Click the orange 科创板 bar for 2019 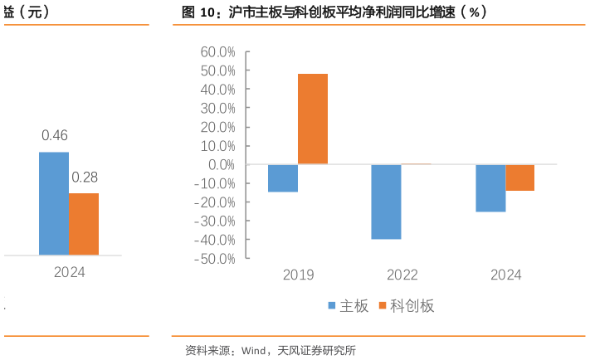tap(313, 119)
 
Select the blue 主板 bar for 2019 tap(283, 178)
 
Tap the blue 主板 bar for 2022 tap(386, 202)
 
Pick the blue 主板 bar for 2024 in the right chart tap(490, 188)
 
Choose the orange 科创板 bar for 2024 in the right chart tap(519, 178)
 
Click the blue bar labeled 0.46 tap(54, 203)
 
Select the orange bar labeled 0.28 tap(84, 224)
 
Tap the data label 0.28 tap(84, 178)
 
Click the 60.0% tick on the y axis tap(218, 51)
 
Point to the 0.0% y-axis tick tap(222, 164)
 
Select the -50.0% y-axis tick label tap(217, 259)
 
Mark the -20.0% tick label tap(217, 202)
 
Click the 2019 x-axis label tap(298, 275)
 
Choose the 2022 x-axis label tap(402, 275)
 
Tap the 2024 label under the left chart tap(69, 271)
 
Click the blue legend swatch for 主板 tap(332, 306)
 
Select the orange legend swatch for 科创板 tap(383, 306)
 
